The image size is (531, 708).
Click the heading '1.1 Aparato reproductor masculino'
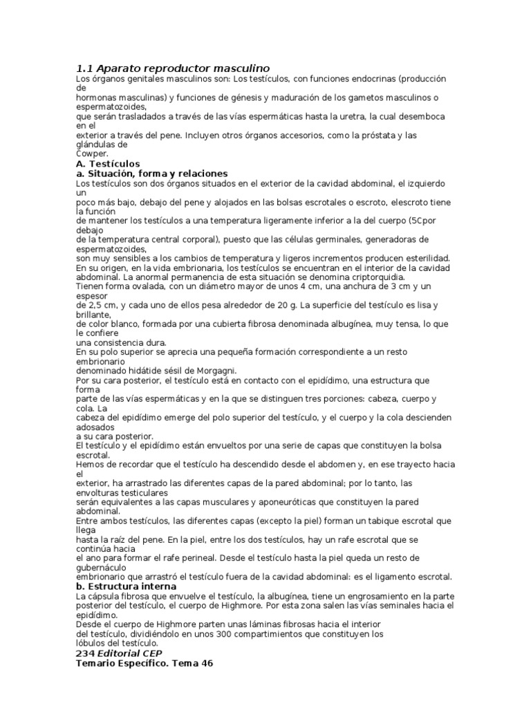coord(172,68)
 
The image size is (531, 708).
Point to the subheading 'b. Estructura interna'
coord(126,586)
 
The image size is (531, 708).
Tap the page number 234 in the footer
coord(84,652)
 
